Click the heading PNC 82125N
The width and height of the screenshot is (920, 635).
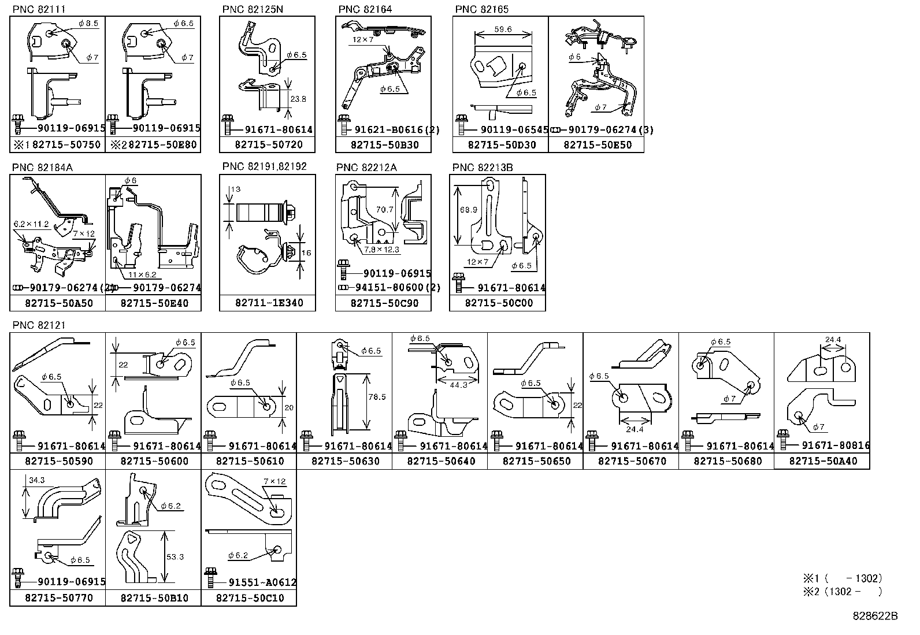[x=253, y=9]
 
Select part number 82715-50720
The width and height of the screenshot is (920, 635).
[x=267, y=145]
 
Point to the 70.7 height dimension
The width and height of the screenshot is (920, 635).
[x=384, y=209]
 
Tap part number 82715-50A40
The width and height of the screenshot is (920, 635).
[x=822, y=461]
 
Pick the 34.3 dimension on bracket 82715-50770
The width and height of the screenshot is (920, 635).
[x=36, y=480]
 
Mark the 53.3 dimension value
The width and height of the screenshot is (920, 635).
[x=175, y=557]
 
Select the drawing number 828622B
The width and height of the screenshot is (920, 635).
[x=875, y=616]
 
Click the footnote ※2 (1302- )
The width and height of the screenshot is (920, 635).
[x=843, y=591]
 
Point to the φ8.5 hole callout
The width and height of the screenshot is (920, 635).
[x=88, y=24]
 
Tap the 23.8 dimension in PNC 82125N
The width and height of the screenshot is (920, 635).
[x=298, y=99]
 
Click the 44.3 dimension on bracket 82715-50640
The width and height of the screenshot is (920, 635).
[x=457, y=385]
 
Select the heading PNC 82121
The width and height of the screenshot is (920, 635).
[x=39, y=325]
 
